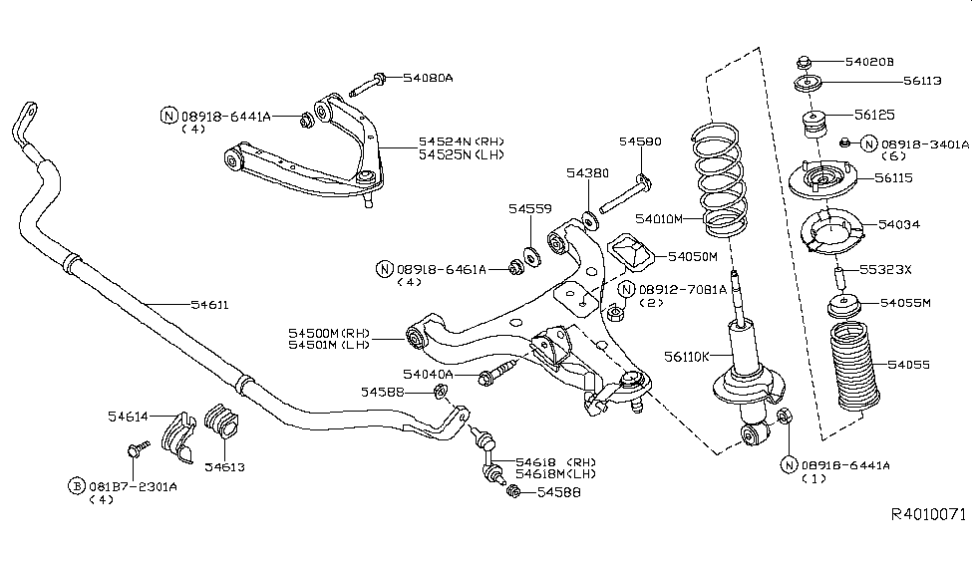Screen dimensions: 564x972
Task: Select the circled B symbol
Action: pos(76,485)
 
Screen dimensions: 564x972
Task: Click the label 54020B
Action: pos(870,62)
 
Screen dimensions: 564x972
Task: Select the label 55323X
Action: pos(885,269)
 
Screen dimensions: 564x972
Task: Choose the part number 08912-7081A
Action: pos(682,288)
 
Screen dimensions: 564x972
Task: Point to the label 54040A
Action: pos(428,374)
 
